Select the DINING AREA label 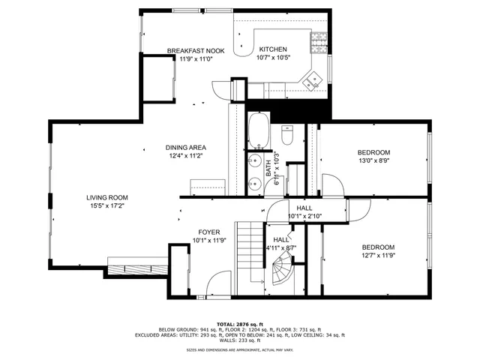click(186, 147)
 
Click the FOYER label click(208, 232)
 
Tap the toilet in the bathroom click(286, 136)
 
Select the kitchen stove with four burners click(319, 40)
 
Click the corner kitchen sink click(310, 77)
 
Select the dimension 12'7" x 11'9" click(378, 256)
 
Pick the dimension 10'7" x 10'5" click(272, 58)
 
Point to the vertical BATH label click(268, 168)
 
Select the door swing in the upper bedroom click(331, 184)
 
